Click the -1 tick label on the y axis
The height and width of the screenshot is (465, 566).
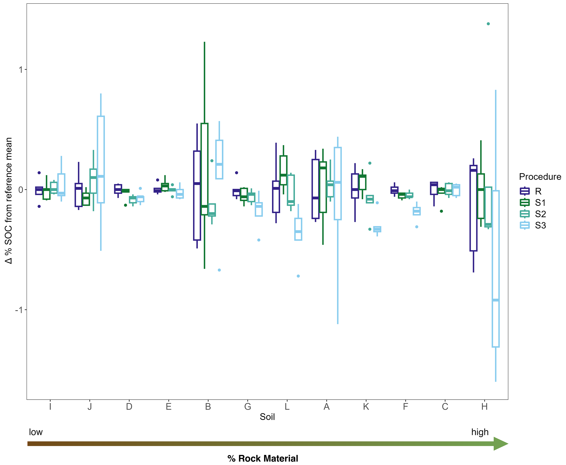point(19,310)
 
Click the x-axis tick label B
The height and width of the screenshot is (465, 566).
point(208,407)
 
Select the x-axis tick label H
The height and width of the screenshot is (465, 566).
point(484,407)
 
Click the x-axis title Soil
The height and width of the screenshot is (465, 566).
point(267,417)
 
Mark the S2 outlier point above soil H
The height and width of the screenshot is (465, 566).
point(488,24)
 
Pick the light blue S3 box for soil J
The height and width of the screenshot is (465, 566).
point(101,159)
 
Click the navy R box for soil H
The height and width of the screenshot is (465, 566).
point(473,208)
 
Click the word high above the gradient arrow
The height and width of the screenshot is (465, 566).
point(480,432)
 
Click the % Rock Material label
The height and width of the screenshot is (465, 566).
point(263,458)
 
